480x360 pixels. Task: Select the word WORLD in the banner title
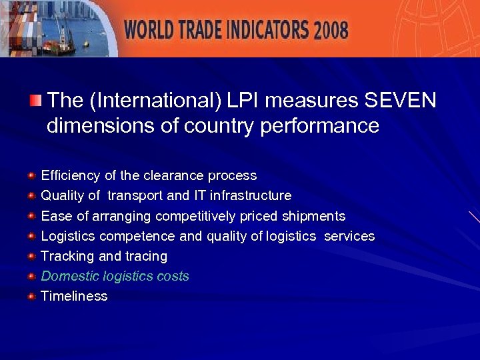click(151, 30)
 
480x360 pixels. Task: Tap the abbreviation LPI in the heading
click(245, 101)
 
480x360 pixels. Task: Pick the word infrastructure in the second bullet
click(251, 196)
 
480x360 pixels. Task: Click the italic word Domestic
click(67, 276)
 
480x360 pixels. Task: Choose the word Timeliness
click(74, 296)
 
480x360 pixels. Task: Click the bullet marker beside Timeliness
click(31, 296)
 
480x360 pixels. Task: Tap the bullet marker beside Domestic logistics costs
click(31, 276)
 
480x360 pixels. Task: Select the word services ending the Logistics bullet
click(349, 236)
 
